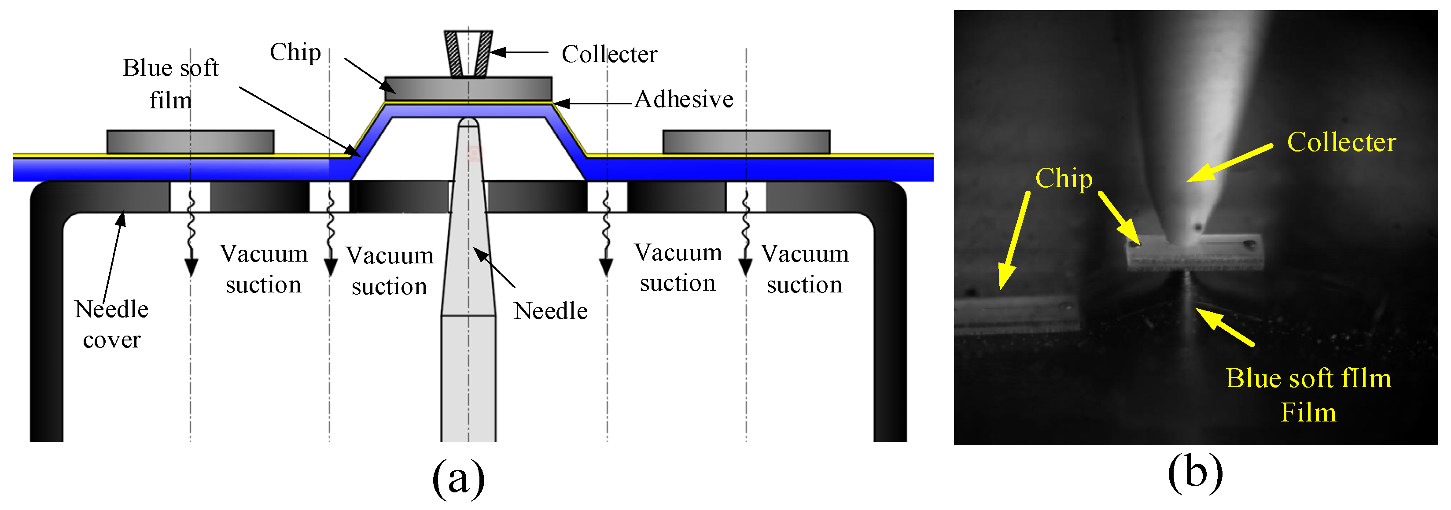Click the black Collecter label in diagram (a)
click(x=609, y=54)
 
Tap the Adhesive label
click(x=683, y=99)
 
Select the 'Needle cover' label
click(x=111, y=324)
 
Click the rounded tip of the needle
click(x=468, y=122)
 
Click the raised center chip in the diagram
click(x=468, y=89)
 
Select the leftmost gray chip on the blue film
click(x=190, y=141)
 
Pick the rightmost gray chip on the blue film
click(x=746, y=141)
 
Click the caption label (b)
click(x=1195, y=472)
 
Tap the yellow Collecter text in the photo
click(x=1341, y=142)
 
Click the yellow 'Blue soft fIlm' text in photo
click(x=1308, y=378)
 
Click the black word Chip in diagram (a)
click(x=295, y=52)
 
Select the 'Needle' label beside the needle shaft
click(x=550, y=311)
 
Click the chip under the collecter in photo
click(x=1194, y=252)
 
